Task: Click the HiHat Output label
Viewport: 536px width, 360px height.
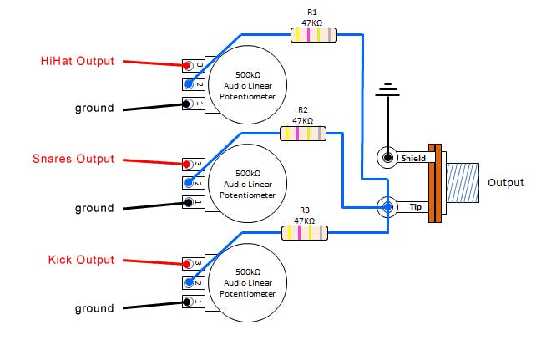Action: pyautogui.click(x=78, y=61)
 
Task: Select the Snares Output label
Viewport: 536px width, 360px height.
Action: pyautogui.click(x=73, y=159)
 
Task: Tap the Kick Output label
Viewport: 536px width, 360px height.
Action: pyautogui.click(x=81, y=260)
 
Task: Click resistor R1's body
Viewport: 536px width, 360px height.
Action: pyautogui.click(x=313, y=35)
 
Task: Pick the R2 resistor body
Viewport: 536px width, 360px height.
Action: pyautogui.click(x=303, y=134)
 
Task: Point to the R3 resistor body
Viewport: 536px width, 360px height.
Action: pyautogui.click(x=305, y=233)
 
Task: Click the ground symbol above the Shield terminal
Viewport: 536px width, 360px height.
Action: pyautogui.click(x=387, y=89)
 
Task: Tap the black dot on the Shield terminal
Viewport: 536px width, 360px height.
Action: pyautogui.click(x=387, y=158)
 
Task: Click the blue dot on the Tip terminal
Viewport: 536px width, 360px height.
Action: pyautogui.click(x=387, y=206)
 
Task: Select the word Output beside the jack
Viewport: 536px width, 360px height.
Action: pyautogui.click(x=506, y=183)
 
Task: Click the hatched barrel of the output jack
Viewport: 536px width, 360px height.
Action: pyautogui.click(x=463, y=183)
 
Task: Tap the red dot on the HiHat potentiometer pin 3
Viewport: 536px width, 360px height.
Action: pyautogui.click(x=187, y=65)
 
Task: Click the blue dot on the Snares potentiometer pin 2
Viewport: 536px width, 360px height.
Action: pyautogui.click(x=189, y=183)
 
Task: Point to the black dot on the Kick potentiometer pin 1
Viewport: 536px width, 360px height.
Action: pyautogui.click(x=187, y=302)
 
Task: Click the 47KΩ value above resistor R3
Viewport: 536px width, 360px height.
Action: pyautogui.click(x=304, y=221)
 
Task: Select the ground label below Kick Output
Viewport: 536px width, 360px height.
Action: pyautogui.click(x=94, y=309)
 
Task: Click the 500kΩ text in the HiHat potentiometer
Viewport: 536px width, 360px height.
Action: pyautogui.click(x=248, y=75)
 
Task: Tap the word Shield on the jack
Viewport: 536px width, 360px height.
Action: pyautogui.click(x=413, y=159)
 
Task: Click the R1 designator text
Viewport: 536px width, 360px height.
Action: pyautogui.click(x=312, y=13)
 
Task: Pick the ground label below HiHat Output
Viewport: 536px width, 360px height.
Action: pyautogui.click(x=94, y=109)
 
